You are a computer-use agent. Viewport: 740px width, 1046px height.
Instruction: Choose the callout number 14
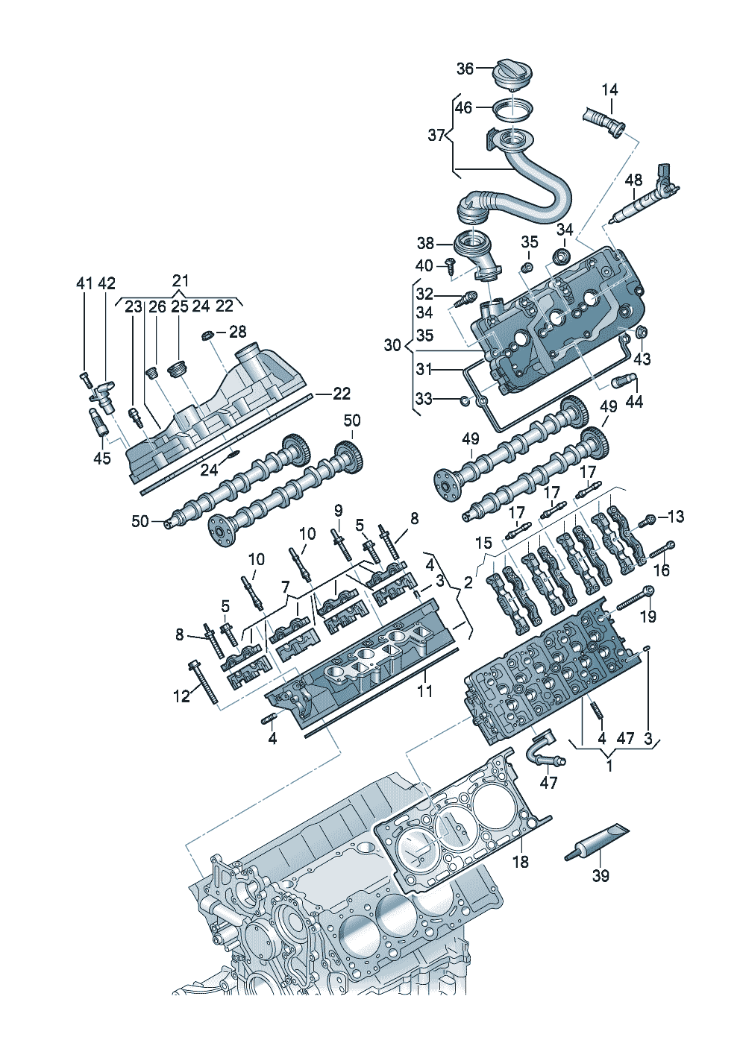coord(609,89)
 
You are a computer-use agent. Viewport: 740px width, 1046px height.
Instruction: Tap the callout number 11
coord(424,692)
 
